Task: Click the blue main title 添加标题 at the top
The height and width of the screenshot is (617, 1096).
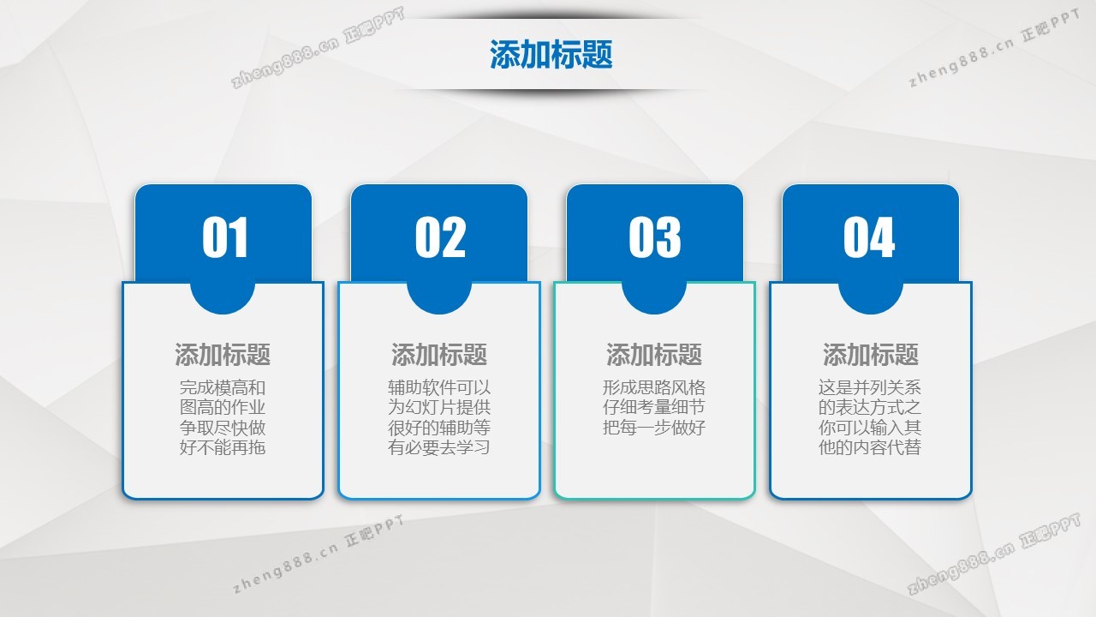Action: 551,54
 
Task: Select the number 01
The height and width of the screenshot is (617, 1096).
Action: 225,237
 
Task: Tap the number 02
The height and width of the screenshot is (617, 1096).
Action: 440,237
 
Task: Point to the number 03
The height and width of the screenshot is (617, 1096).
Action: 655,237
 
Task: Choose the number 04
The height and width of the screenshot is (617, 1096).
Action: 869,237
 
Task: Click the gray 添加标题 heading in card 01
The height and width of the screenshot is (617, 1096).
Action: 223,355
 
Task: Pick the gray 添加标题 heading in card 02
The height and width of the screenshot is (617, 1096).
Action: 439,355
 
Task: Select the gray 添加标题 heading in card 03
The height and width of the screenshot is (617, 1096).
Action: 654,355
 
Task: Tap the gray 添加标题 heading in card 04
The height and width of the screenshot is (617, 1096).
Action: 871,355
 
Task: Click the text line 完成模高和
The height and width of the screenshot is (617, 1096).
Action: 223,388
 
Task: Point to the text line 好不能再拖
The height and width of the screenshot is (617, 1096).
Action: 223,447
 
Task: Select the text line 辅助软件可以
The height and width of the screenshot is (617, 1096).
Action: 439,388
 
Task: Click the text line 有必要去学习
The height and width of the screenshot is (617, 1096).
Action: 439,447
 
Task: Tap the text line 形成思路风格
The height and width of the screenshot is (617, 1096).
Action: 654,388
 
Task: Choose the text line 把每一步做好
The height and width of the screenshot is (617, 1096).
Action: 654,428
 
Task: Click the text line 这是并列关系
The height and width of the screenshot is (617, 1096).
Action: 870,388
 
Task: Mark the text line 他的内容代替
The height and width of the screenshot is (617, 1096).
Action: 870,447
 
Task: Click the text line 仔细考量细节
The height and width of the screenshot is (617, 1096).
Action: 654,407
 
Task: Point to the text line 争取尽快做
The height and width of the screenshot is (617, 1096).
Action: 223,428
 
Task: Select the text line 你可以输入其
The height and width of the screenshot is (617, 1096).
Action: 870,428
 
